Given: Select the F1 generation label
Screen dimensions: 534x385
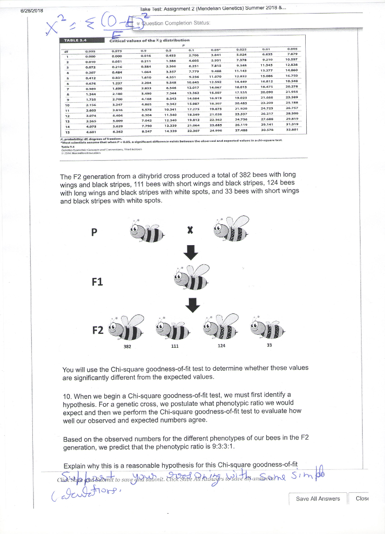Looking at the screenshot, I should pyautogui.click(x=98, y=282).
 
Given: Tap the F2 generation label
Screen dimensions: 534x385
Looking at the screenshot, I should pyautogui.click(x=98, y=331).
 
